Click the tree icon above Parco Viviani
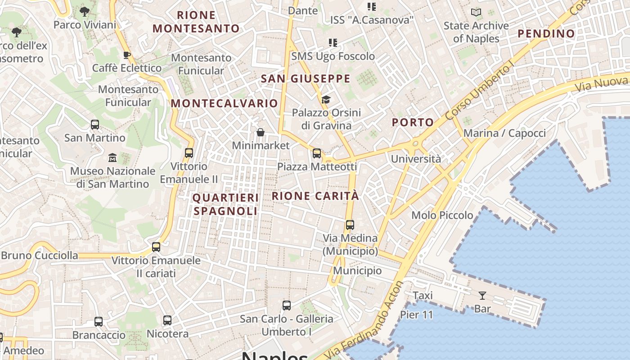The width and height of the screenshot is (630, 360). [x=84, y=12]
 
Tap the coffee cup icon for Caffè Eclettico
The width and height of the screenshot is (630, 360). [x=126, y=55]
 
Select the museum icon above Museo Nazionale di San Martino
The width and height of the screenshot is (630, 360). [x=112, y=158]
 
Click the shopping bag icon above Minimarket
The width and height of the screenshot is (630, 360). [x=260, y=132]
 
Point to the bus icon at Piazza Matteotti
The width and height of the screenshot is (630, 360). [x=317, y=153]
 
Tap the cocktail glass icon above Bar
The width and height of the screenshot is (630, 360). [x=482, y=296]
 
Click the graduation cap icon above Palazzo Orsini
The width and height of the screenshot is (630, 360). [x=326, y=99]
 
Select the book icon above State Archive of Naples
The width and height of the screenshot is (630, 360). [x=476, y=13]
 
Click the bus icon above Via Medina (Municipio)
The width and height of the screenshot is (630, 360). [x=350, y=225]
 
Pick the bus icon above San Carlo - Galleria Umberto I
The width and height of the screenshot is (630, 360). [x=287, y=306]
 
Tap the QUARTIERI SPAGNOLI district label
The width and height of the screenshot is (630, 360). [x=225, y=204]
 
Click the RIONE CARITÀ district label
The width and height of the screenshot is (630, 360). [x=315, y=196]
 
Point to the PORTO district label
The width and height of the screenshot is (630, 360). [x=413, y=122]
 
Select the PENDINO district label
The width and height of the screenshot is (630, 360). [x=546, y=33]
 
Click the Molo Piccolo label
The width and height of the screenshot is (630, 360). [x=442, y=215]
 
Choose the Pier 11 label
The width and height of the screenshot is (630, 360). [x=416, y=315]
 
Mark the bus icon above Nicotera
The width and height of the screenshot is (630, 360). [x=167, y=320]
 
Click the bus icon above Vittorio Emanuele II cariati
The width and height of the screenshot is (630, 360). [x=156, y=247]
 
